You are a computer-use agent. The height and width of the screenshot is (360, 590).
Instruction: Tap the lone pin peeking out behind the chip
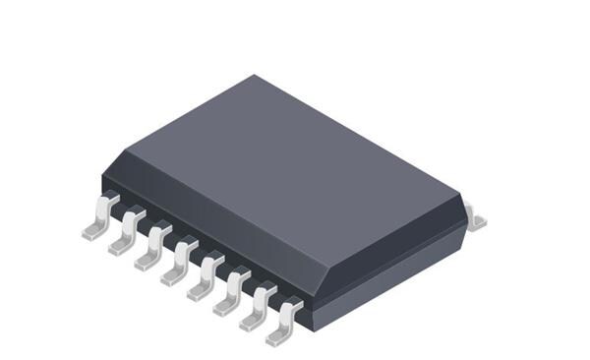(476, 218)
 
